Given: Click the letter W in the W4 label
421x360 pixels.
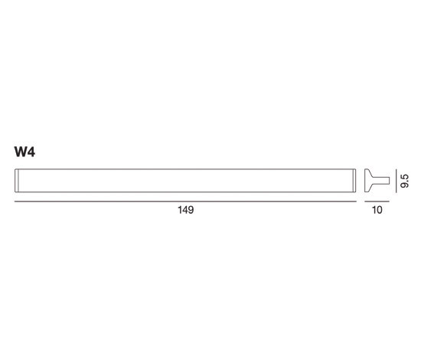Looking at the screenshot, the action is [21, 152].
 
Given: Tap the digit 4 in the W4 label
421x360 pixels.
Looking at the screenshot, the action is [31, 152].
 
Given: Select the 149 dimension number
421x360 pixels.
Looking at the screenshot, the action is [186, 210].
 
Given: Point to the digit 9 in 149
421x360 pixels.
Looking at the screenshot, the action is [191, 210].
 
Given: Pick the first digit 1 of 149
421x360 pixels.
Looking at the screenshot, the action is [180, 210].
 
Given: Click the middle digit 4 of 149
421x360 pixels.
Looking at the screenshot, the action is [185, 210].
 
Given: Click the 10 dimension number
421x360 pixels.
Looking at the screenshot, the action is [377, 210].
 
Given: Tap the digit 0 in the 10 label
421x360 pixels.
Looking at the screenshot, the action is [379, 210].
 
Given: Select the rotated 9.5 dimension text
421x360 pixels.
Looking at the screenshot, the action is [404, 181].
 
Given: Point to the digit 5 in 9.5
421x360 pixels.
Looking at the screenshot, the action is [404, 177].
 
